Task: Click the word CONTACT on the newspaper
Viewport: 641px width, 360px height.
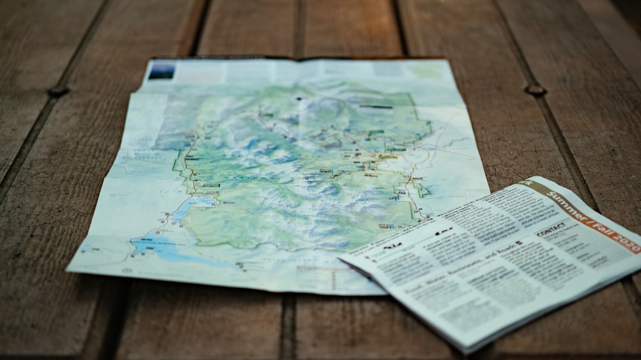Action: click(551, 230)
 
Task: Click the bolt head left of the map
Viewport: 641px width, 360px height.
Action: click(58, 91)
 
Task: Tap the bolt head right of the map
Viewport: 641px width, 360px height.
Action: click(535, 90)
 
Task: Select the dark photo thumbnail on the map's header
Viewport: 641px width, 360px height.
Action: click(161, 71)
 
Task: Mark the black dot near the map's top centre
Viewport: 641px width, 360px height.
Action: click(299, 98)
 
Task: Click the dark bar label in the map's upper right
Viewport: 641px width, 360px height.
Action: click(375, 107)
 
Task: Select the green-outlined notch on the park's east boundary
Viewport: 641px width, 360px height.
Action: click(422, 191)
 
